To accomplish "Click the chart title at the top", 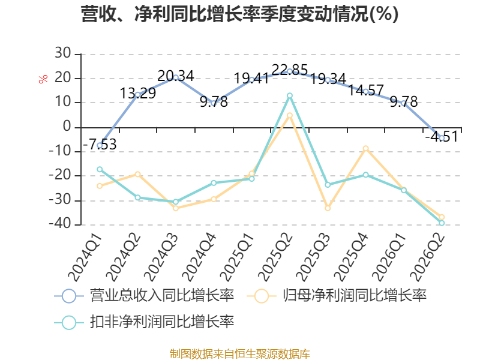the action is click(x=239, y=14).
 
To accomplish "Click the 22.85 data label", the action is click(x=290, y=70).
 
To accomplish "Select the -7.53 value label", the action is click(x=100, y=145).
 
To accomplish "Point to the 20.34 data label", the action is click(x=176, y=76).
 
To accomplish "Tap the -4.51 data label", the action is click(x=442, y=137).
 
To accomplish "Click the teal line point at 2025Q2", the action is click(x=290, y=96).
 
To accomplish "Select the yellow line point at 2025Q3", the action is click(x=328, y=208).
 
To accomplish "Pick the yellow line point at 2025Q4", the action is click(x=365, y=148).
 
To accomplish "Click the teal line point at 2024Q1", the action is click(x=100, y=169).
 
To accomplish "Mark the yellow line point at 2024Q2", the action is click(x=138, y=174).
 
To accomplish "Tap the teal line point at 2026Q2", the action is click(x=442, y=223).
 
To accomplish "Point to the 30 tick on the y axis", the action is click(x=63, y=53).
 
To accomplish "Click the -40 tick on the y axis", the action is click(x=60, y=224).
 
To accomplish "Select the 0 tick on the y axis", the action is click(x=67, y=127).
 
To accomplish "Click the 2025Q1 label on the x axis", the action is click(x=237, y=257).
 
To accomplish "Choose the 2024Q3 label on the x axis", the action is click(x=161, y=257).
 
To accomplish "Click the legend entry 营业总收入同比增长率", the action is click(x=144, y=296).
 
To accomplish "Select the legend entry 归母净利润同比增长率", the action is click(x=337, y=296).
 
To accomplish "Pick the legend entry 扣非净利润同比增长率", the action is click(x=144, y=322).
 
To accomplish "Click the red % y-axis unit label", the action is click(x=43, y=79).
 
